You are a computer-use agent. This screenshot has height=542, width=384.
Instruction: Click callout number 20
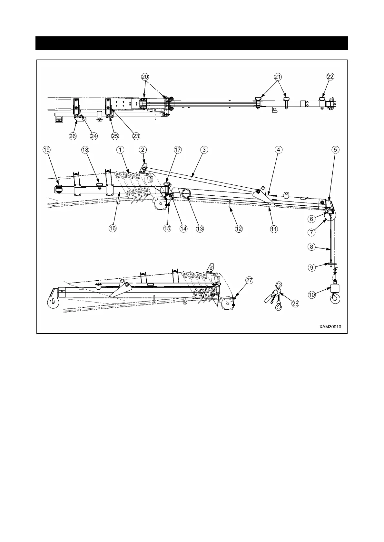pyautogui.click(x=145, y=77)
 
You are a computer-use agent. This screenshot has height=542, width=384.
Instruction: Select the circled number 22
pyautogui.click(x=330, y=77)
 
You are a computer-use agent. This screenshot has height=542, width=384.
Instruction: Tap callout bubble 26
pyautogui.click(x=73, y=136)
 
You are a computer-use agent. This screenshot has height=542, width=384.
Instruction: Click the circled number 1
pyautogui.click(x=120, y=150)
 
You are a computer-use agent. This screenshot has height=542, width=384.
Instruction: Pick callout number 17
pyautogui.click(x=178, y=150)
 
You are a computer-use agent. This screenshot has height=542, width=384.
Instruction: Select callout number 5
pyautogui.click(x=336, y=150)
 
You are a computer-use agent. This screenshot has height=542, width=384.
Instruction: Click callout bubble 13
pyautogui.click(x=200, y=229)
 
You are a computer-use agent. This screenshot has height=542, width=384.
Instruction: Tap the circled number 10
pyautogui.click(x=311, y=294)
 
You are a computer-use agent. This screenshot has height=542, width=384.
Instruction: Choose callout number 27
pyautogui.click(x=249, y=280)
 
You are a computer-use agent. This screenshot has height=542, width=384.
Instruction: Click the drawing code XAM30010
pyautogui.click(x=330, y=327)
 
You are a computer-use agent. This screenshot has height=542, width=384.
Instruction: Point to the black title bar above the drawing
pyautogui.click(x=192, y=43)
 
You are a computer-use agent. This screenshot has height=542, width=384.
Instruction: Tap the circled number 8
pyautogui.click(x=311, y=247)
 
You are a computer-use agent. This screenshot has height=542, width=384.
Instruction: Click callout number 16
pyautogui.click(x=112, y=229)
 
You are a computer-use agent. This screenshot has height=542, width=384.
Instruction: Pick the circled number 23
pyautogui.click(x=136, y=136)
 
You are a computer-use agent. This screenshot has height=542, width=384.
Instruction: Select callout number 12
pyautogui.click(x=239, y=229)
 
